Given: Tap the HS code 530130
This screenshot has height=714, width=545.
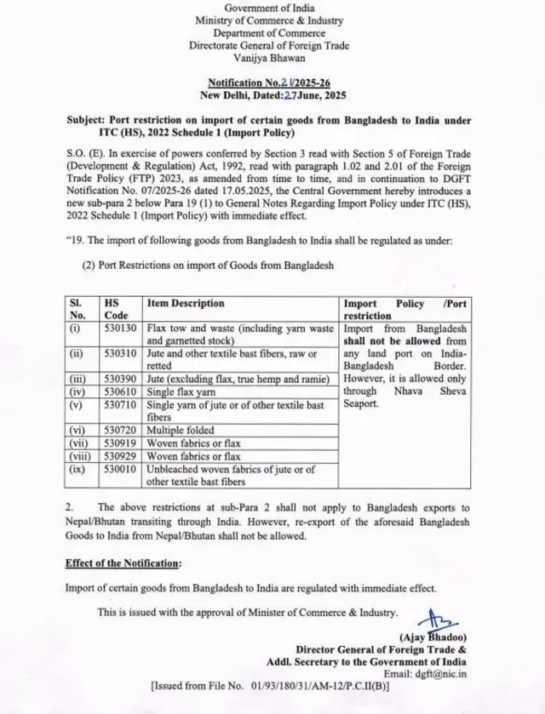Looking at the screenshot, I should click(x=119, y=328).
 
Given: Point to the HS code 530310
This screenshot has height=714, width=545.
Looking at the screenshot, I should click(x=119, y=352).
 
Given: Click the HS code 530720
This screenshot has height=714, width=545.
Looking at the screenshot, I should click(x=119, y=431).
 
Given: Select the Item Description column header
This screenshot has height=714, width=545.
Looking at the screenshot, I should click(x=186, y=303).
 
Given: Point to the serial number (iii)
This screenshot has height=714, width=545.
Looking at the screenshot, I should click(x=77, y=378).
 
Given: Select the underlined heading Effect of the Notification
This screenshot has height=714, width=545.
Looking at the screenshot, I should click(x=123, y=563).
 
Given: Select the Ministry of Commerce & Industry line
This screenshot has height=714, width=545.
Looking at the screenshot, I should click(x=269, y=20).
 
